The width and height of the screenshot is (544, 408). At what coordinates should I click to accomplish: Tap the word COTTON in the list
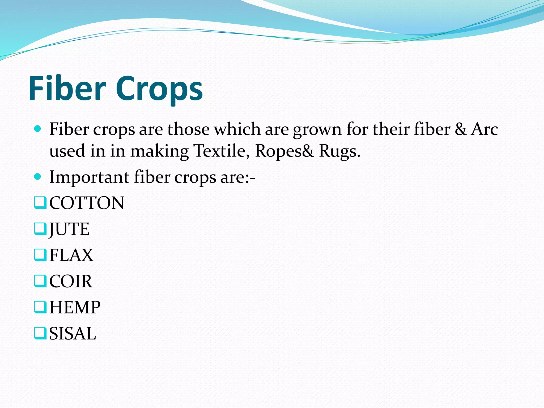(87, 203)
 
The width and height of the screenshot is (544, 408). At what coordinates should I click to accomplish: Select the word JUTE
(69, 229)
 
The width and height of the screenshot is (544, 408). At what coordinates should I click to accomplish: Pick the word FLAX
(71, 255)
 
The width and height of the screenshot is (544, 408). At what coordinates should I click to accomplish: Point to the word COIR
(71, 281)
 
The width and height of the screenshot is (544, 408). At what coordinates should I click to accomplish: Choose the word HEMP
(75, 307)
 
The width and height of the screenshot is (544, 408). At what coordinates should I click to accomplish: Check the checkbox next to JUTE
(40, 229)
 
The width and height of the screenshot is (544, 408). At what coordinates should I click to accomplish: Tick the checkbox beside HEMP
(40, 307)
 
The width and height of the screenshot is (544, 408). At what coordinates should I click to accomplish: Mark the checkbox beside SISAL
(40, 333)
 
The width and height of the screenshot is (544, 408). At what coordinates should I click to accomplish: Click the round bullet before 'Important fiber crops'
(38, 177)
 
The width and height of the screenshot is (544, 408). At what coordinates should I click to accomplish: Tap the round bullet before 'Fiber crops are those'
(38, 129)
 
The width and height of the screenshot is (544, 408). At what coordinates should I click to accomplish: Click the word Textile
(221, 151)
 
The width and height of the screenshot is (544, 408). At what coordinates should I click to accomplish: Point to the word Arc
(484, 129)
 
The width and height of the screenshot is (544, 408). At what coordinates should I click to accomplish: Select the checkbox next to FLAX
(40, 255)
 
